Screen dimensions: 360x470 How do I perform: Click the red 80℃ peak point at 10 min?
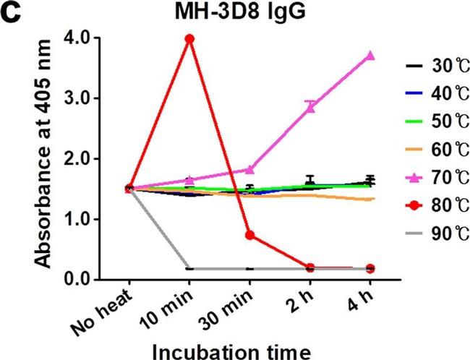189,39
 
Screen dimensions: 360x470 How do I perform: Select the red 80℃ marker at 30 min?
249,235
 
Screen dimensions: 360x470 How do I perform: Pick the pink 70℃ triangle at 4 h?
370,56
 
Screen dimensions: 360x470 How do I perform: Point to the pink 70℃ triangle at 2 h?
309,107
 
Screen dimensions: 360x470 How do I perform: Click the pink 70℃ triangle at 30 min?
249,169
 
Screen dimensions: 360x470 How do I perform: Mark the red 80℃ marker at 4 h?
370,268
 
